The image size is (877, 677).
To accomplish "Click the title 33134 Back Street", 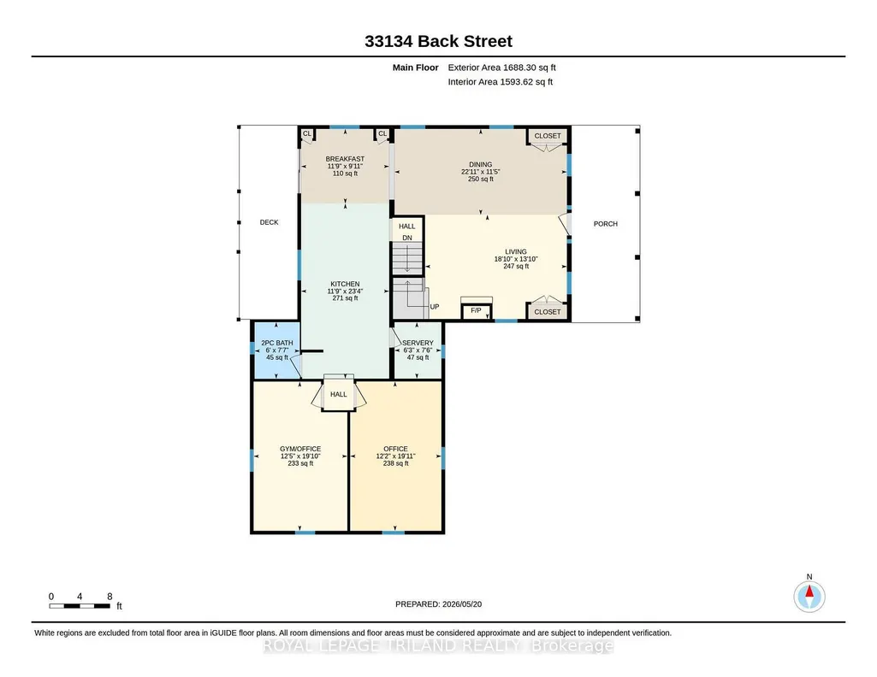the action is [x=438, y=41].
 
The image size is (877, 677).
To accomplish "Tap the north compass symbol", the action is [x=809, y=596].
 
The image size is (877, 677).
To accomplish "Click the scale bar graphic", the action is [x=80, y=606].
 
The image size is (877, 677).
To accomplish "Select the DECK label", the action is [x=269, y=222].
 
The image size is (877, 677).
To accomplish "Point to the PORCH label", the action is [x=606, y=224].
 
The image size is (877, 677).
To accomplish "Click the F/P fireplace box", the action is [x=476, y=310].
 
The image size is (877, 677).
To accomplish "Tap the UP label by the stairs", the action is [x=435, y=307].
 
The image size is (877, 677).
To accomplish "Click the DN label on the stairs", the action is [x=407, y=238].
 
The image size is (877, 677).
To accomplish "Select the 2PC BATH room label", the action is [x=277, y=343].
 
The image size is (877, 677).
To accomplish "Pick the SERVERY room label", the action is [x=418, y=343].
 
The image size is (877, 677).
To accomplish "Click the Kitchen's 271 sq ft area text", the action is [x=345, y=298].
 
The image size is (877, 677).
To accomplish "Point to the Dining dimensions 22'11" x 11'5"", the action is [x=481, y=172].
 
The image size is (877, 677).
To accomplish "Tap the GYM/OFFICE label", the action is [x=300, y=449].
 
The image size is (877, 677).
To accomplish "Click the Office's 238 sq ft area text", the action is [x=395, y=463].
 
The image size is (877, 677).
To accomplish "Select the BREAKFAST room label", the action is [x=345, y=159].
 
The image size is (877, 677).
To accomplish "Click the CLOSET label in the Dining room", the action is [x=548, y=136].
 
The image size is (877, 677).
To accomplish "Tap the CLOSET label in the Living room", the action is [x=548, y=312].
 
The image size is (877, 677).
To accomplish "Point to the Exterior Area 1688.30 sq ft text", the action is [x=501, y=68].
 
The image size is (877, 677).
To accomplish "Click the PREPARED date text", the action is [x=438, y=604].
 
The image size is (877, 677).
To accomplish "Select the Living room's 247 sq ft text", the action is [x=516, y=267].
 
